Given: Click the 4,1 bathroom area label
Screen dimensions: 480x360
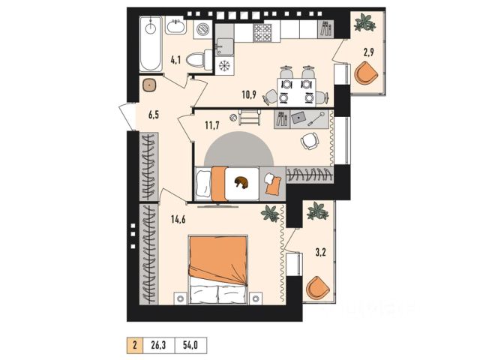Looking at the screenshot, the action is click(175, 60).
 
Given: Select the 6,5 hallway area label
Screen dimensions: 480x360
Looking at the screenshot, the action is click(154, 115).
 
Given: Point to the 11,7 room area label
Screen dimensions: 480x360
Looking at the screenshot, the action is click(212, 125).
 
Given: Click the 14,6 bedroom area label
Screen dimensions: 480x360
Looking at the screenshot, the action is click(178, 219).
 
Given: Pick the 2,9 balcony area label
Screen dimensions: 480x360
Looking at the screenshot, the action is click(368, 52).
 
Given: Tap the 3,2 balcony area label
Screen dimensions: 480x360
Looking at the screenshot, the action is click(320, 253).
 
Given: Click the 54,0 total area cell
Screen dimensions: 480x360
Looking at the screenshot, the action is click(190, 345).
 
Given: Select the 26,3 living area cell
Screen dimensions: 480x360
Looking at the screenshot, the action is click(158, 345).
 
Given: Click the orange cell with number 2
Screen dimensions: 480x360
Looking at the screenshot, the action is click(135, 345).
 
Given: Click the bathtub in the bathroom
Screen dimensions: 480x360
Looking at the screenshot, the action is click(151, 43).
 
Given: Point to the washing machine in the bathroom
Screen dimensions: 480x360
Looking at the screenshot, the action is click(202, 30).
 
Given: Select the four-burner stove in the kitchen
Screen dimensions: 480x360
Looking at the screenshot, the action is click(262, 33).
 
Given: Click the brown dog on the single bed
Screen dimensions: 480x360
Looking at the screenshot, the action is click(241, 182).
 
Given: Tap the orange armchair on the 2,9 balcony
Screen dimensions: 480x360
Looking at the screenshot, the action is click(366, 73).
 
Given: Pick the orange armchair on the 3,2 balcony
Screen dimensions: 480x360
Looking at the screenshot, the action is click(318, 288).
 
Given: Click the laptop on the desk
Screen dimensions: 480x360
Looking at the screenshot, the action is click(298, 117).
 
